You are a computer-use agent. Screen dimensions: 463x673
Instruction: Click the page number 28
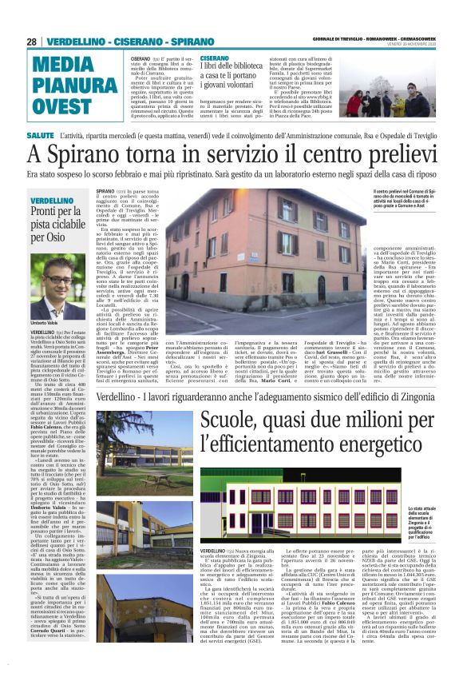[32, 42]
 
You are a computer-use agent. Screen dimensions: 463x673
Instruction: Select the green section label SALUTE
[40, 137]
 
